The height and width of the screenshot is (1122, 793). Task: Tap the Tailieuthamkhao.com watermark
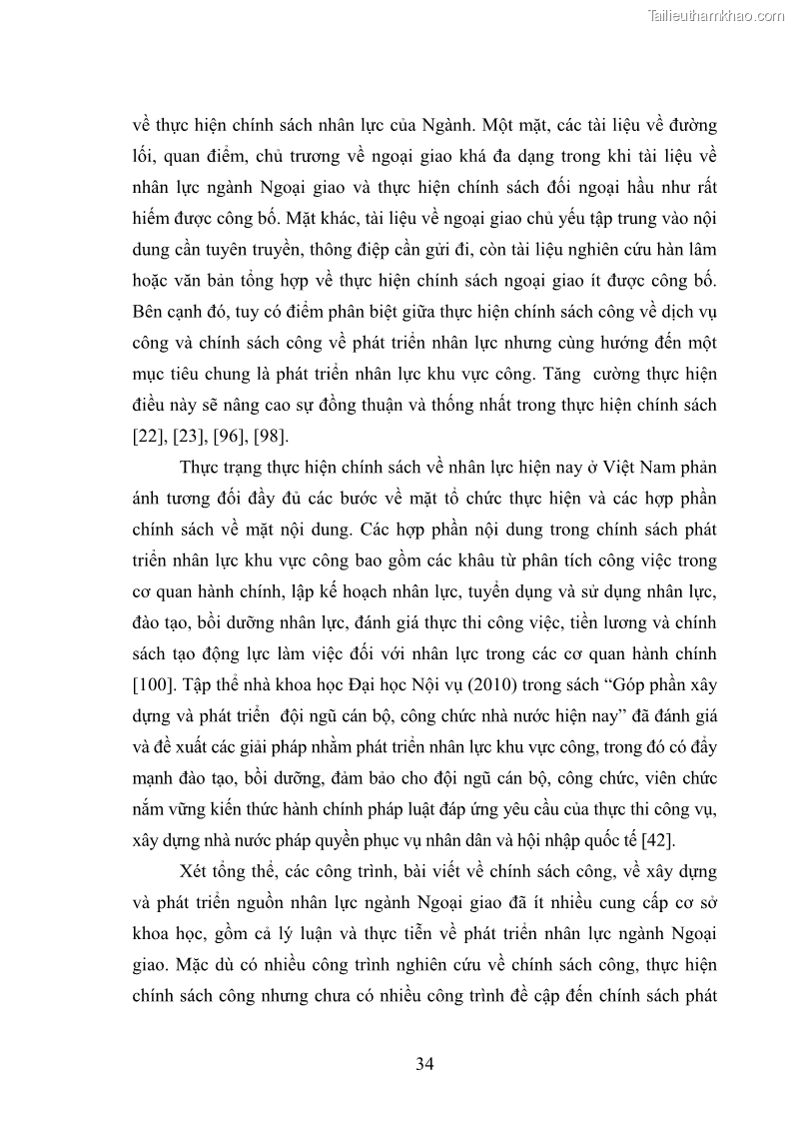716,15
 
